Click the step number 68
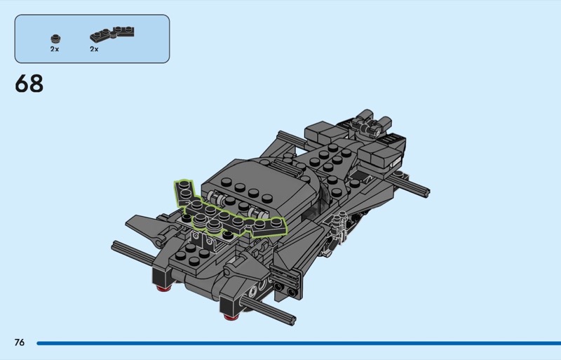pos(29,84)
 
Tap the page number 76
pos(20,342)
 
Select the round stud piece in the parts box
pos(55,39)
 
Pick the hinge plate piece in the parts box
pos(112,34)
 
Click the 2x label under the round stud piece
pos(55,49)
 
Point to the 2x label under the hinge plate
pos(94,49)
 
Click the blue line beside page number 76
pos(299,343)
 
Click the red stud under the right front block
pos(231,316)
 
